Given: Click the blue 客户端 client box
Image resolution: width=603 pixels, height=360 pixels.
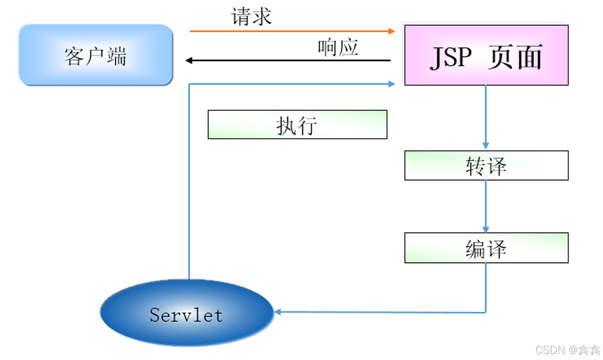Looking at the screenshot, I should (96, 55).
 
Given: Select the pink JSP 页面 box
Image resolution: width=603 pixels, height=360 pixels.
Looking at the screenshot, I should (486, 55).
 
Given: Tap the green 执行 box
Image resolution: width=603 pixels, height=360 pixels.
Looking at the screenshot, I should (297, 125).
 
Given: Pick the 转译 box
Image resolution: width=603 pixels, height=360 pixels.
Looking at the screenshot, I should (486, 166).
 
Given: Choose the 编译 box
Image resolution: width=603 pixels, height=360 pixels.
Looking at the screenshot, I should (486, 248).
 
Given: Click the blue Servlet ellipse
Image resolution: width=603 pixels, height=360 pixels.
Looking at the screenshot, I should (186, 316).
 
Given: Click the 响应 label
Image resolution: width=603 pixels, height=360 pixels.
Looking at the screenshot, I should (338, 47).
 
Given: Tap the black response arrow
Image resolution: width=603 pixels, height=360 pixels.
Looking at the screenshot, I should (287, 61).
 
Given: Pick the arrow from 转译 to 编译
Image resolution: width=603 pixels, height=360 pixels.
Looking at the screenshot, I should (486, 206).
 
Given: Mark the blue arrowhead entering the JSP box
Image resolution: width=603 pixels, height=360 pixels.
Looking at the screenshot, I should (391, 83).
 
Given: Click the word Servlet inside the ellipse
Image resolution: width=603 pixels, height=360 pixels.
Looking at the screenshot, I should (186, 316).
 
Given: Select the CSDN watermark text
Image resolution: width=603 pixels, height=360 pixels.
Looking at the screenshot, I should (567, 350).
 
